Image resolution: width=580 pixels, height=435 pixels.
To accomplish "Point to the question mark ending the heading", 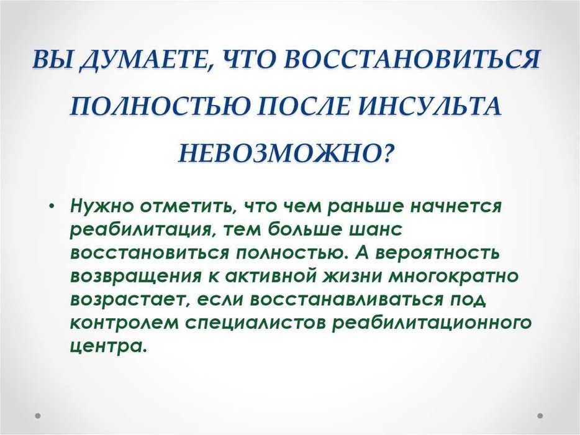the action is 386,152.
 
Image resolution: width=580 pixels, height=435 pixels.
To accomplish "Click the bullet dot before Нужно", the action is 55,206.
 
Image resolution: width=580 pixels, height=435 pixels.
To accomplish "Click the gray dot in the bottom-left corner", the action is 37,415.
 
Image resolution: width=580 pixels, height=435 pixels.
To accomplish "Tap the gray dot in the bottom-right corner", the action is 540,415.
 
